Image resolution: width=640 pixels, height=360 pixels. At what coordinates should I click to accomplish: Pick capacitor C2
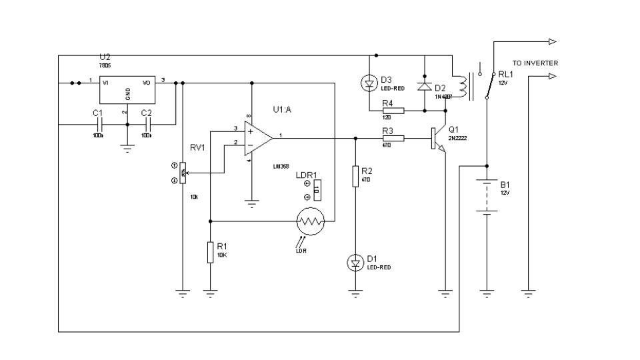[x=148, y=124]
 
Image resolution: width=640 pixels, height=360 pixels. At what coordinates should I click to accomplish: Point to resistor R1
[x=210, y=252]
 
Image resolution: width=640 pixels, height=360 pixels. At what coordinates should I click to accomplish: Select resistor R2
[x=355, y=176]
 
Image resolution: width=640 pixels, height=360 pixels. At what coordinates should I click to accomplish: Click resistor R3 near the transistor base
[x=393, y=138]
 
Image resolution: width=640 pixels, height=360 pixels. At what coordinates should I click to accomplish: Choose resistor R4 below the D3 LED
[x=393, y=110]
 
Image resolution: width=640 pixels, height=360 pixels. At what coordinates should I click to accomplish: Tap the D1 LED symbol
[x=355, y=263]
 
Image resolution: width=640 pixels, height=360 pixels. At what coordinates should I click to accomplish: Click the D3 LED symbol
[x=369, y=83]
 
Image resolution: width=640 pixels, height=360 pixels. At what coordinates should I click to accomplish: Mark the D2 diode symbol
[x=424, y=86]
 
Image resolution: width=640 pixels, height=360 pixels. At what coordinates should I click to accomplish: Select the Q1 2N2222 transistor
[x=437, y=139]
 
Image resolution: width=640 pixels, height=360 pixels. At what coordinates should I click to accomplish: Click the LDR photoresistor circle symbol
[x=310, y=220]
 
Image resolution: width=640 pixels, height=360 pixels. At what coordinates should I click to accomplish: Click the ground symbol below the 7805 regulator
[x=127, y=149]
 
